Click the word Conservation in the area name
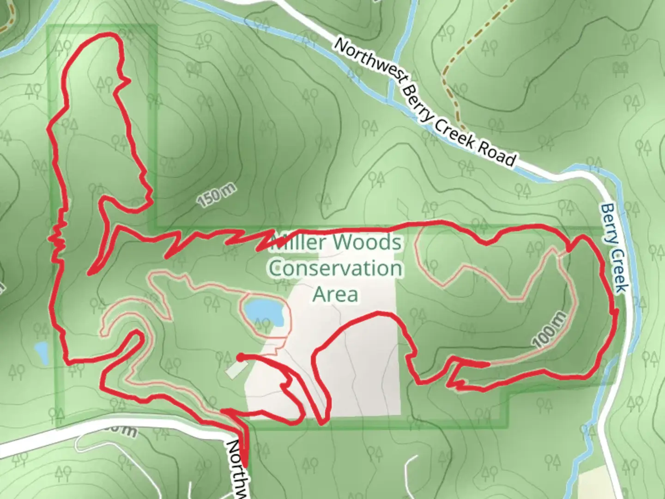(336, 268)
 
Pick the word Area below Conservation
(336, 294)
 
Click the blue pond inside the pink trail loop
(263, 312)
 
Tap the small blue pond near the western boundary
(41, 352)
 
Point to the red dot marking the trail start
(240, 356)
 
